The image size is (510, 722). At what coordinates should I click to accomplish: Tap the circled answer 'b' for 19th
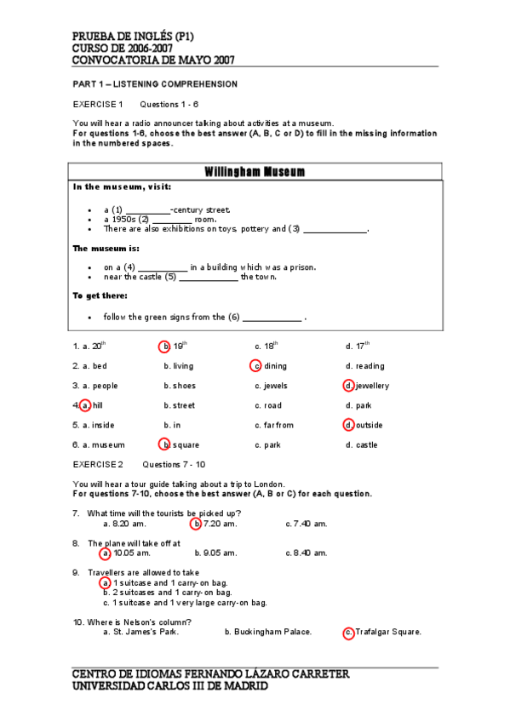(x=165, y=347)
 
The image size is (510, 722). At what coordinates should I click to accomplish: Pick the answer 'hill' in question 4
(x=98, y=405)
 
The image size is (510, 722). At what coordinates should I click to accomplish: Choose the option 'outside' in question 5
(x=369, y=425)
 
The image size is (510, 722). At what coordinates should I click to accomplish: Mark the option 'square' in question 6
(x=186, y=444)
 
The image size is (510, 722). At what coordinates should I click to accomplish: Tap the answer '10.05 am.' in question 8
(x=131, y=553)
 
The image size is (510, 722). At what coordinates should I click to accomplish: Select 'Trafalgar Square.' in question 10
(x=387, y=632)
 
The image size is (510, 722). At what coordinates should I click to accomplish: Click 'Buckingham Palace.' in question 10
(x=267, y=632)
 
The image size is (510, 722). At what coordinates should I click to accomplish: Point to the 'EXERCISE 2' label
(x=98, y=464)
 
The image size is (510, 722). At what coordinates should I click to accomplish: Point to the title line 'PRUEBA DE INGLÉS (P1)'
(x=134, y=37)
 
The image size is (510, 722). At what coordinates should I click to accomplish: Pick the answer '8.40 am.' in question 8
(x=307, y=553)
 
